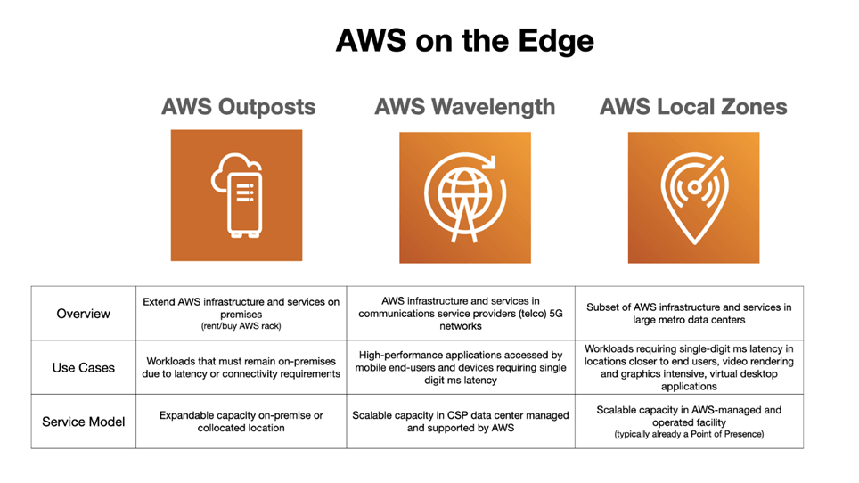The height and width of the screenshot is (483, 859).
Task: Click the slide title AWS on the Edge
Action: pos(464,41)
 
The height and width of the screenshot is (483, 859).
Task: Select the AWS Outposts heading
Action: pos(238,107)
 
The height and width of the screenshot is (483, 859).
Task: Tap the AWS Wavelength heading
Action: pos(464,107)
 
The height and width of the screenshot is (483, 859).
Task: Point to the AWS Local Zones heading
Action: pos(693,107)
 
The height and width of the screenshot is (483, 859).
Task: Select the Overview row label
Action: pos(84,314)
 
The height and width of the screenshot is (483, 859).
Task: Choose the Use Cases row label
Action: pos(84,367)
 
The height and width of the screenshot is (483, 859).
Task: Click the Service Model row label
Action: pos(84,422)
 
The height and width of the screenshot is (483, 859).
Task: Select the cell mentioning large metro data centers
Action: pos(689,314)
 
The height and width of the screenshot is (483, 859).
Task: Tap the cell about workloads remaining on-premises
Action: pos(241,367)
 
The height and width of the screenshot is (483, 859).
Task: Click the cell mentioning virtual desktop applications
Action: pos(689,367)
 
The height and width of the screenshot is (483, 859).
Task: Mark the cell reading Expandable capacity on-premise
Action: pos(241,422)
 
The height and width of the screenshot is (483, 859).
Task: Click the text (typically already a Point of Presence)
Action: pos(689,434)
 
